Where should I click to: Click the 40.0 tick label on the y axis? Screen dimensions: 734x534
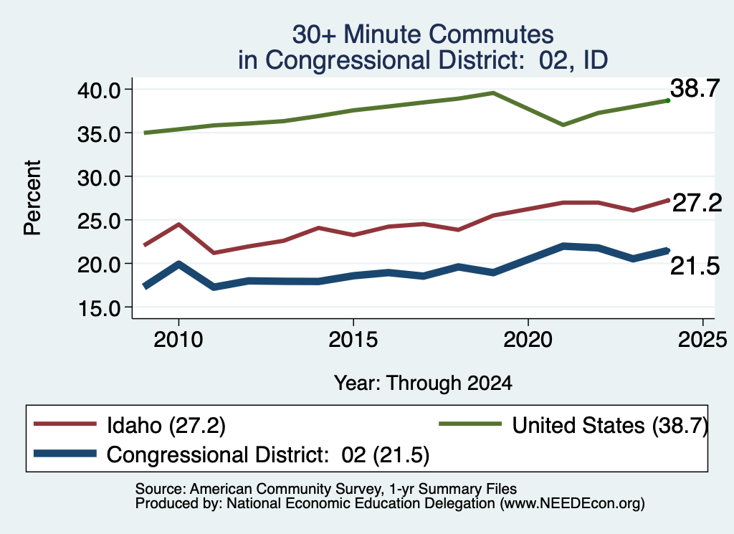point(99,90)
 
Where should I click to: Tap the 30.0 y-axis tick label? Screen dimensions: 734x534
point(99,177)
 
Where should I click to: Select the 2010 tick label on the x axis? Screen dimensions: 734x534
point(178,339)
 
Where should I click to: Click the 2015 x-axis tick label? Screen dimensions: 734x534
point(353,339)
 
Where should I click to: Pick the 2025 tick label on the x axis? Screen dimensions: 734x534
point(702,339)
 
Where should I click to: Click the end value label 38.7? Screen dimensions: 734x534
point(695,88)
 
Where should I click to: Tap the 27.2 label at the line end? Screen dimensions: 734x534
point(697,203)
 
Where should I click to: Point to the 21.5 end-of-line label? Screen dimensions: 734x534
point(695,267)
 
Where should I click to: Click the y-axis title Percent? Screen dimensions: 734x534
point(32,198)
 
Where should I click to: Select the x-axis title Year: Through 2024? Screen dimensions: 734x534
point(423,383)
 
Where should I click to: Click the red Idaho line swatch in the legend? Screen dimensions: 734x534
point(65,424)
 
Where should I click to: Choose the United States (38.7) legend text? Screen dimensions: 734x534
point(610,426)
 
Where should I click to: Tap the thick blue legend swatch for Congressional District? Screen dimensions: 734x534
point(65,454)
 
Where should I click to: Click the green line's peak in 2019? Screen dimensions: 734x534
point(493,92)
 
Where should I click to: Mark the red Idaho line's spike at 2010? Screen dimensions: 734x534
point(178,224)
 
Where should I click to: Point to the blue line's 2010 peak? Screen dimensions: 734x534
point(178,264)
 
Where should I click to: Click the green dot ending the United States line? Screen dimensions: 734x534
point(668,100)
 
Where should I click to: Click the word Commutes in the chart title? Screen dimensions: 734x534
point(491,34)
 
